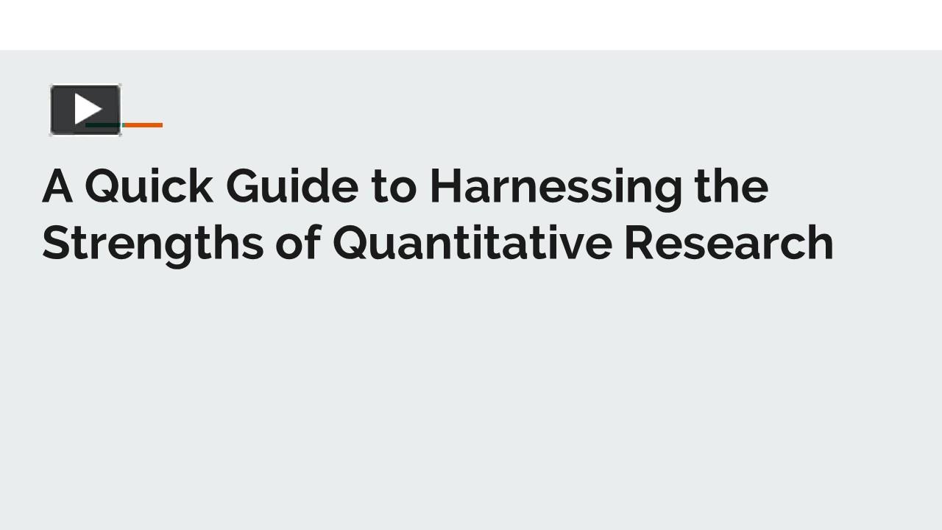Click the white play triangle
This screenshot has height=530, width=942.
click(88, 109)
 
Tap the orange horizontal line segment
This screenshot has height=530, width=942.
click(143, 125)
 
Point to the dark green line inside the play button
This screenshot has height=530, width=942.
click(103, 125)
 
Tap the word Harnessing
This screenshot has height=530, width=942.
click(556, 185)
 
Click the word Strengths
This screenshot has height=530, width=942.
click(152, 243)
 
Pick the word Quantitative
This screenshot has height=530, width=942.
click(472, 243)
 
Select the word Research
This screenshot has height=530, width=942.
click(729, 243)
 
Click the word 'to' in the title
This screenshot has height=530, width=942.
click(394, 185)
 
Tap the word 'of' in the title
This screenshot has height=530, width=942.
click(297, 243)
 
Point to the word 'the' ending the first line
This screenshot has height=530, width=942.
click(731, 185)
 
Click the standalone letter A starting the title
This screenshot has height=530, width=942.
click(57, 185)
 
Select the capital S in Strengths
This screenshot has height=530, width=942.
click(55, 243)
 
